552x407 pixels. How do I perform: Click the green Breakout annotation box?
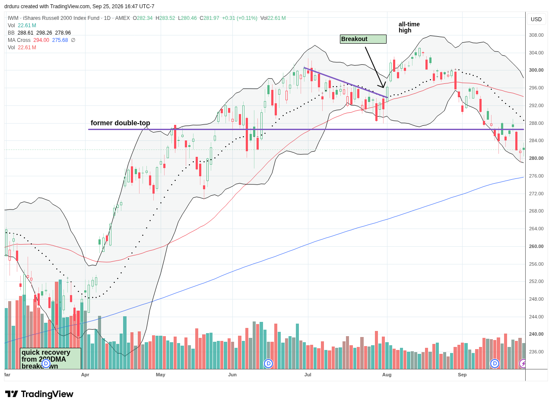(363, 39)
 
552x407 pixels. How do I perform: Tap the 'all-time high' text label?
(409, 27)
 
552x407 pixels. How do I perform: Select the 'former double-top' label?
(120, 123)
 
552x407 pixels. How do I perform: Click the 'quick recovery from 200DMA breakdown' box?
(51, 359)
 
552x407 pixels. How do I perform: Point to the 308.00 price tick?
(536, 35)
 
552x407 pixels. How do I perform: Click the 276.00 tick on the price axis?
(536, 176)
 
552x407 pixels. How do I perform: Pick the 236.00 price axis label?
(536, 352)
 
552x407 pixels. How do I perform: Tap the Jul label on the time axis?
(308, 375)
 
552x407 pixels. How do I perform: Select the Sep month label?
(462, 375)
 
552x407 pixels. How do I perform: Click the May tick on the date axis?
(160, 375)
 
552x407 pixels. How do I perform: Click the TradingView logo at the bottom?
(39, 394)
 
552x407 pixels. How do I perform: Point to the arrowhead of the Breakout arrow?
(383, 87)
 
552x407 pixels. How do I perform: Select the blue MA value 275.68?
(60, 40)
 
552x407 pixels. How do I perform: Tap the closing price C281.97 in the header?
(209, 18)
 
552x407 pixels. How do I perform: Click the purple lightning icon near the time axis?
(523, 363)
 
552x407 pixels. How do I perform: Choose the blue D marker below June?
(268, 363)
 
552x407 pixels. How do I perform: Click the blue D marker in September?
(495, 363)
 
